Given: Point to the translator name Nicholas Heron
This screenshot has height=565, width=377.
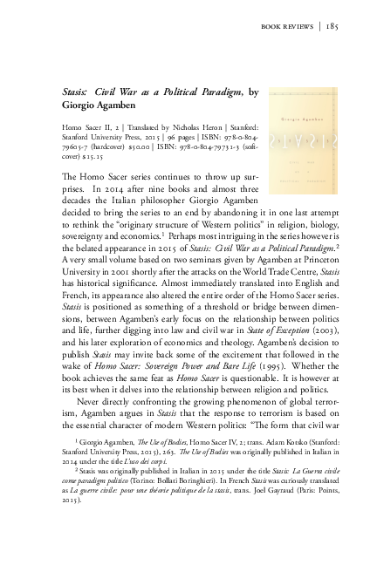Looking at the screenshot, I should click(x=182, y=126).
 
